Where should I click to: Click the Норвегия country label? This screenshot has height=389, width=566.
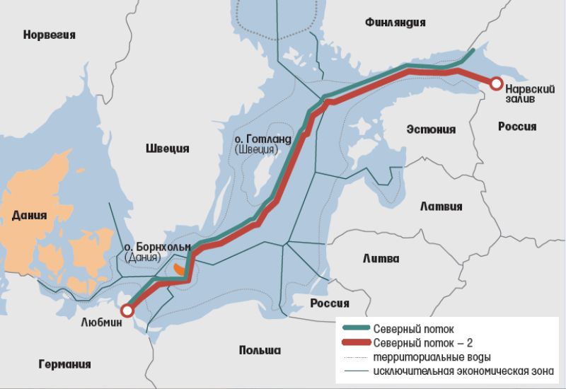point(49,34)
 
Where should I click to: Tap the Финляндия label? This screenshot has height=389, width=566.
point(395,22)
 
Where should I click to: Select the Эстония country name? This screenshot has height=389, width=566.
point(431,129)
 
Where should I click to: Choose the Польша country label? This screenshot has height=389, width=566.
point(260,350)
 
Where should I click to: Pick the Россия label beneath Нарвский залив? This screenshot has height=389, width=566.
point(516,127)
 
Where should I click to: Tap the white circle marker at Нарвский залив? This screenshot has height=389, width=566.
point(496,84)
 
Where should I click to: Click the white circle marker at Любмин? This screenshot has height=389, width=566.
point(127,310)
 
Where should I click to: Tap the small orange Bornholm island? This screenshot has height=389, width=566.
point(178,269)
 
